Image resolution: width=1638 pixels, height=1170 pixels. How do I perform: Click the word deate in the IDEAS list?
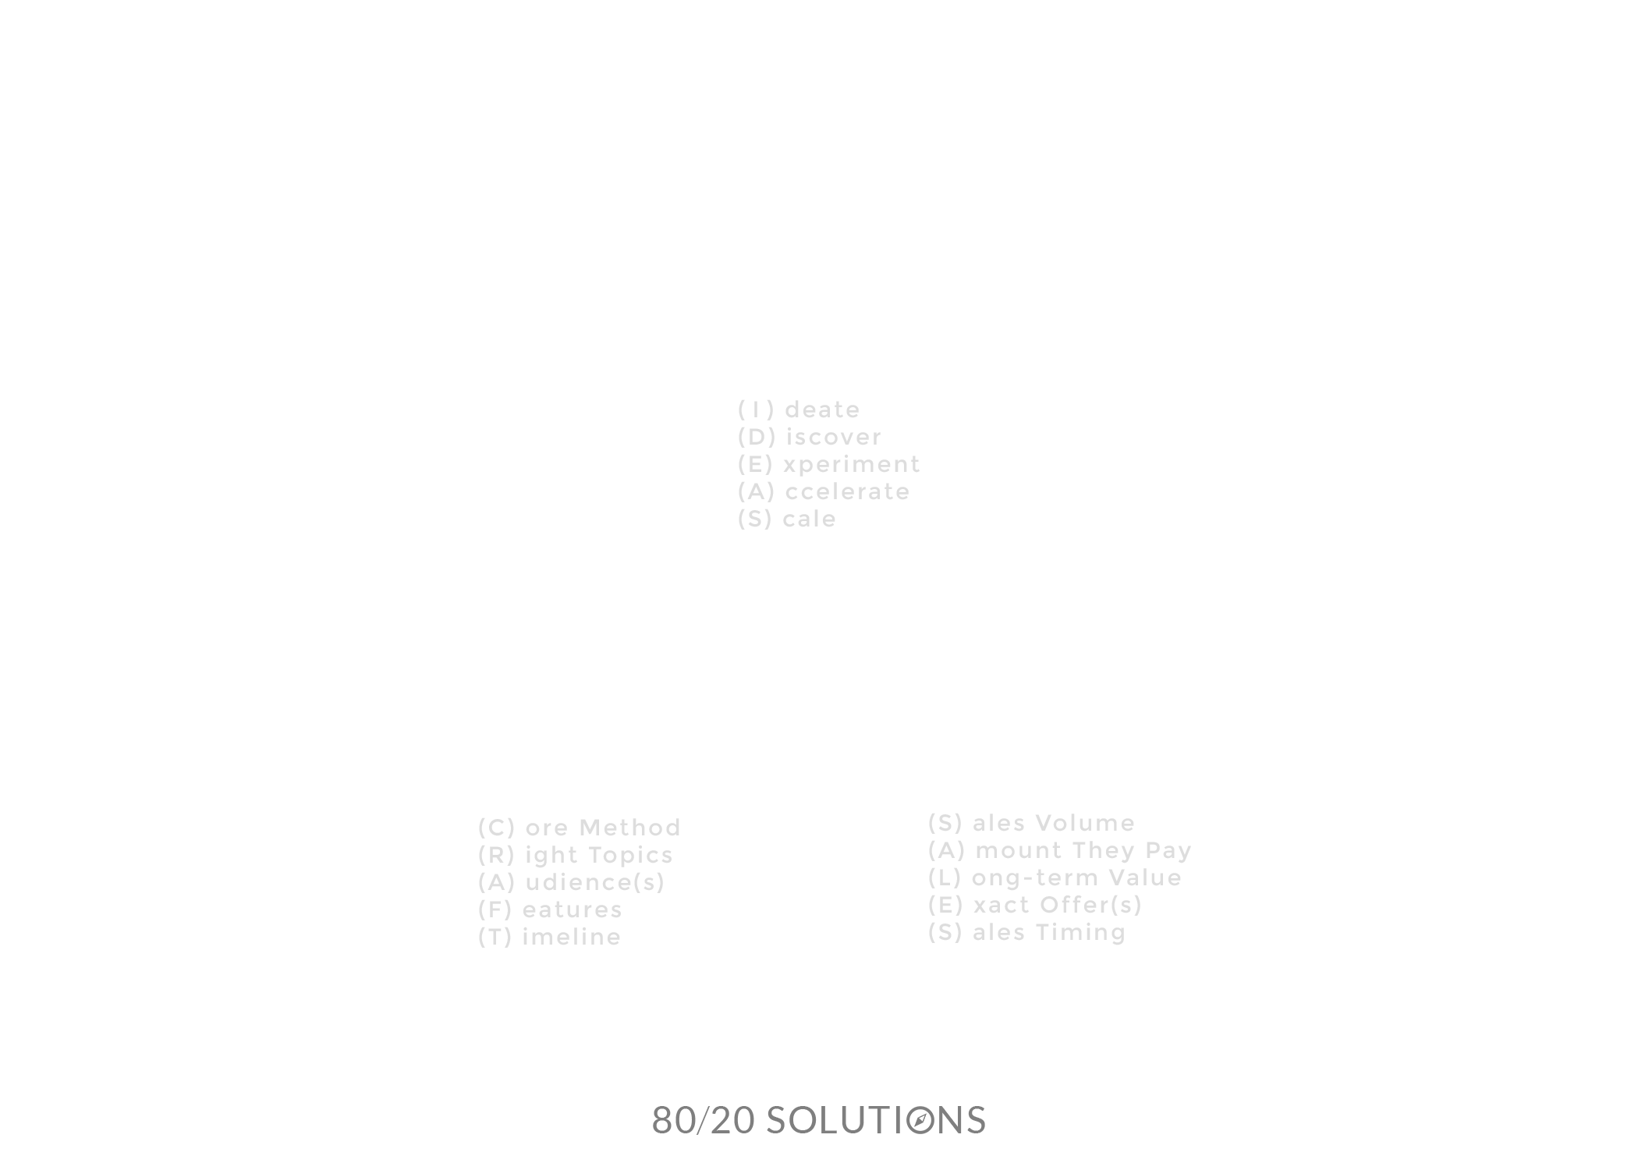click(x=822, y=409)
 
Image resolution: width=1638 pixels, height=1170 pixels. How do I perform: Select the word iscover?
click(x=833, y=437)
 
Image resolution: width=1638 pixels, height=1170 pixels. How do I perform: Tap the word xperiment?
click(x=852, y=465)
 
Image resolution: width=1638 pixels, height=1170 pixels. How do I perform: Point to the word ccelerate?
click(x=848, y=492)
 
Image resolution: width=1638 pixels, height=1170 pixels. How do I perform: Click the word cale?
click(x=810, y=519)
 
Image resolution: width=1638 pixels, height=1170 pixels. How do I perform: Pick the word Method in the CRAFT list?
click(x=630, y=828)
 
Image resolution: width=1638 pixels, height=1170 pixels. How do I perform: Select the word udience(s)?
click(x=595, y=882)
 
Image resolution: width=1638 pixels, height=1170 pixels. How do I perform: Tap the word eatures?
click(x=573, y=909)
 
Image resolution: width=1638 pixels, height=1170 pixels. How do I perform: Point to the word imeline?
click(x=572, y=937)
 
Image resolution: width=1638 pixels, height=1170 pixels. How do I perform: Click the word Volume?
click(x=1085, y=823)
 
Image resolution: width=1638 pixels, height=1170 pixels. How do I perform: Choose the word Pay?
click(x=1168, y=851)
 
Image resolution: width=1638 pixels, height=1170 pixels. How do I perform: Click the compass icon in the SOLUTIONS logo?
click(x=921, y=1121)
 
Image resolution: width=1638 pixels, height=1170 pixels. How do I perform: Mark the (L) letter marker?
click(x=945, y=878)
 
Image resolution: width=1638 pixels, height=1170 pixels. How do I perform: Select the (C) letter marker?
click(x=497, y=828)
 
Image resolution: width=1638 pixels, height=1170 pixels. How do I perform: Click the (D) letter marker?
click(x=757, y=437)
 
